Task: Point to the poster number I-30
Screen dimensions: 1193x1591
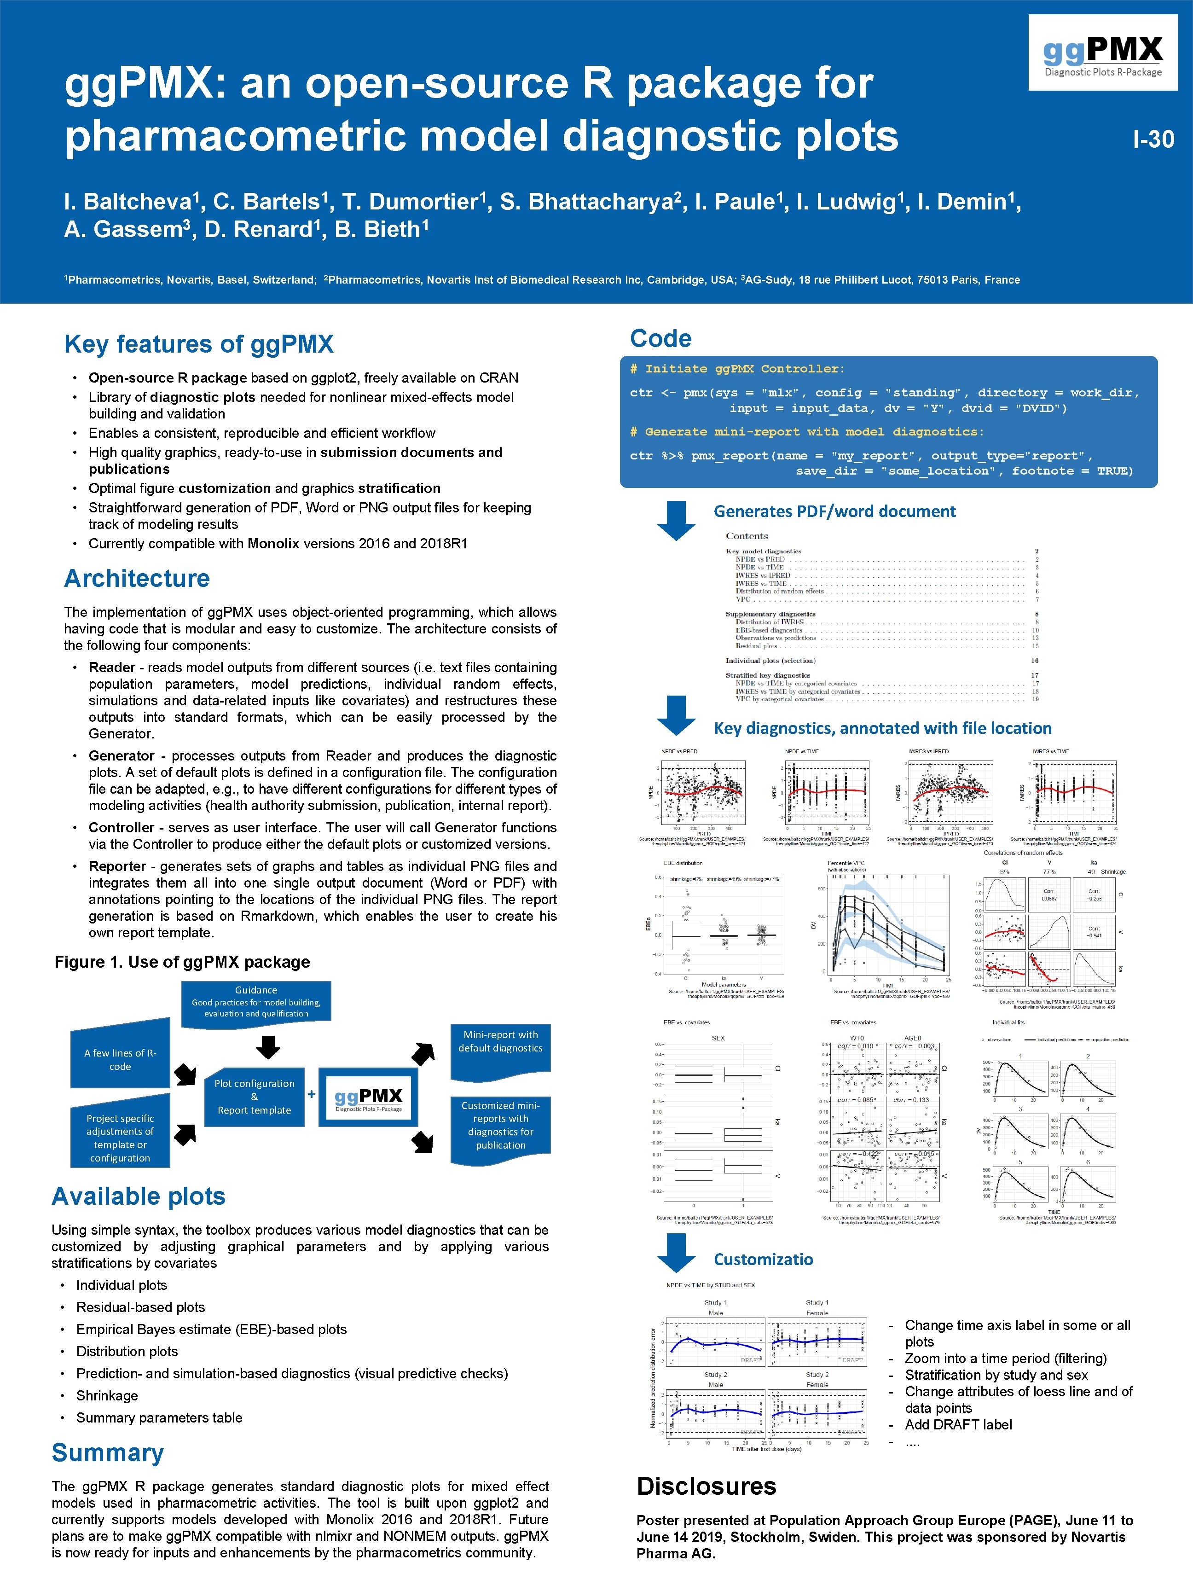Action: (x=1153, y=139)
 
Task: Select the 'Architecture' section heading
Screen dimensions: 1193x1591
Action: (x=137, y=578)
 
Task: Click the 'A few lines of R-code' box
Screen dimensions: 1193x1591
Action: (x=120, y=1059)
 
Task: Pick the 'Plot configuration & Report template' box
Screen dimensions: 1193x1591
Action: (x=254, y=1096)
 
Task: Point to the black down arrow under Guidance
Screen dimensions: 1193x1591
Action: (x=268, y=1046)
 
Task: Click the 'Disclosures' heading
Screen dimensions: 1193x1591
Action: (x=706, y=1486)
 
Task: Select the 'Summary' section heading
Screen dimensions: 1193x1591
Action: (x=108, y=1453)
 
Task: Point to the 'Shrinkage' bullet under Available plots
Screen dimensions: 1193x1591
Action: (x=107, y=1395)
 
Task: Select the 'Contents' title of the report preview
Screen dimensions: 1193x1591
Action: (x=747, y=536)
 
